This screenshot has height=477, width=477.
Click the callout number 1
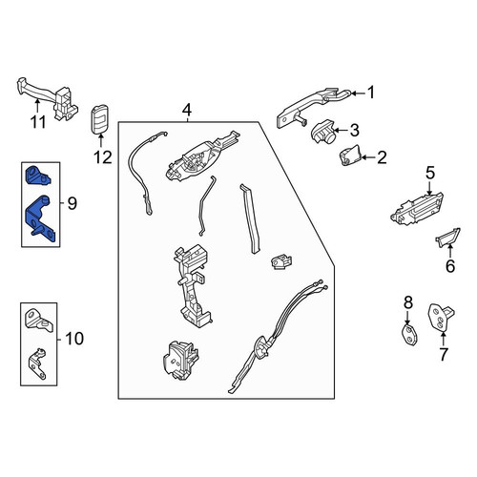(x=371, y=93)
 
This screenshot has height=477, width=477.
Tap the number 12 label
(x=103, y=157)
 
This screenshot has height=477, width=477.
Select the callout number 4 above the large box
(x=187, y=111)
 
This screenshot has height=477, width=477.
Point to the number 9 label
(x=73, y=203)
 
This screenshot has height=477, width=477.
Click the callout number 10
(x=74, y=339)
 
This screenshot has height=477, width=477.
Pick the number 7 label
(x=444, y=354)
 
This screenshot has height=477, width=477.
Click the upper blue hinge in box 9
(x=37, y=176)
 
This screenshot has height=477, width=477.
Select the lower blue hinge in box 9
(x=41, y=219)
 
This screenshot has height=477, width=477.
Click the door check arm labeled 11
(x=48, y=97)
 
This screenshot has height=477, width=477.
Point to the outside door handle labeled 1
(x=312, y=108)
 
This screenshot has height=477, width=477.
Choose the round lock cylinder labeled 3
(x=322, y=133)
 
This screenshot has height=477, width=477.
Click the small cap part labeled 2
(x=350, y=156)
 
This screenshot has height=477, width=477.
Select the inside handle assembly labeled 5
(x=417, y=210)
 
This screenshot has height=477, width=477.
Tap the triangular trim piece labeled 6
(x=447, y=238)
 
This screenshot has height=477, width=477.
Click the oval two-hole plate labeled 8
(x=409, y=335)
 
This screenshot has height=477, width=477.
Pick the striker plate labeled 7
(x=441, y=318)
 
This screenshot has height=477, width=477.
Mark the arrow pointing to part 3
(x=342, y=130)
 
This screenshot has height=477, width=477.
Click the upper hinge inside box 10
(x=39, y=320)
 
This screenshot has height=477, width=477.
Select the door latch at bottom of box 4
(x=181, y=360)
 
